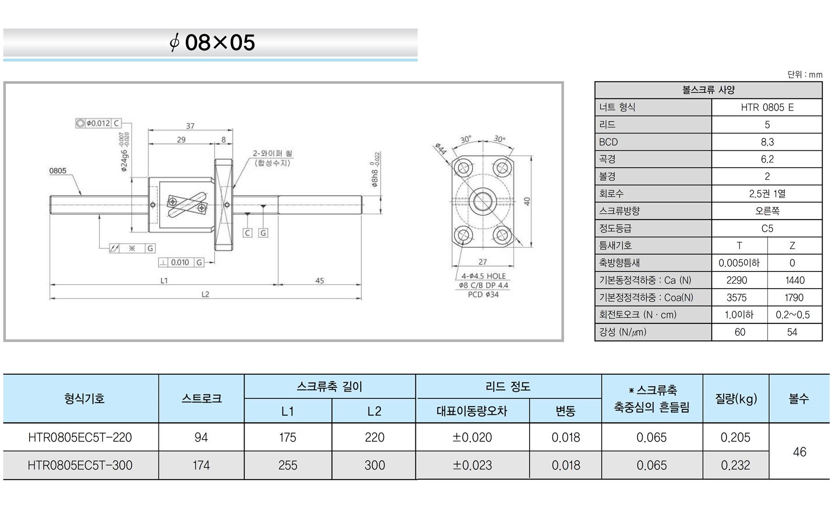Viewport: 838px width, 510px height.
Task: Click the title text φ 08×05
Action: tap(212, 43)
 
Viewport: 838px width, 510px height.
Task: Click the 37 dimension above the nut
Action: tap(190, 126)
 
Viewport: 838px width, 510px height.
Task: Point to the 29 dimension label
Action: tap(181, 139)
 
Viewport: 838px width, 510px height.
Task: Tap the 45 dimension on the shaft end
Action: tap(320, 280)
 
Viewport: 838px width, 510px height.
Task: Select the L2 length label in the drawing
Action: tap(205, 294)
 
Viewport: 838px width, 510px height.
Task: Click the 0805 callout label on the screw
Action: tap(58, 171)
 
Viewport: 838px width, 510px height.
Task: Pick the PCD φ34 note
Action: tap(483, 295)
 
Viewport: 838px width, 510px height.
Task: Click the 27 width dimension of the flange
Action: tap(483, 262)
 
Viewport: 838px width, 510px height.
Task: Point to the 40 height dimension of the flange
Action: tap(527, 201)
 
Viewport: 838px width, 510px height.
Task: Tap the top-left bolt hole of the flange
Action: tap(463, 168)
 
